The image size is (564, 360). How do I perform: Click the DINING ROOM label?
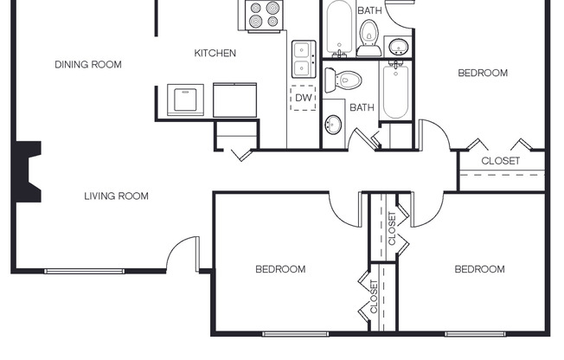pos(88,64)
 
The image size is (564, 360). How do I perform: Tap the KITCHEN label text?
pos(215,54)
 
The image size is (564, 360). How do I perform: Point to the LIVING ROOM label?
pos(116,196)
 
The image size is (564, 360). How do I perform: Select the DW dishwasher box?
pos(303,98)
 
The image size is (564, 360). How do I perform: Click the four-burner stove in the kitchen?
pos(264,15)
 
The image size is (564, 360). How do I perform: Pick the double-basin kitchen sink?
pos(303,59)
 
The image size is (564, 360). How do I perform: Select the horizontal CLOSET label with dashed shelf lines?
pos(501,161)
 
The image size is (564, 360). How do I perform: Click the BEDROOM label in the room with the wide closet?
pos(483,74)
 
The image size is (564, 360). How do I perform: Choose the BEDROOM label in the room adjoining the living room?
pos(280,269)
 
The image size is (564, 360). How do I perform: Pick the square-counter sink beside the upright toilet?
pos(398,45)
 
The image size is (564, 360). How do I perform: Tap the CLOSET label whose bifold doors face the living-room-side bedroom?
pos(374,296)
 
